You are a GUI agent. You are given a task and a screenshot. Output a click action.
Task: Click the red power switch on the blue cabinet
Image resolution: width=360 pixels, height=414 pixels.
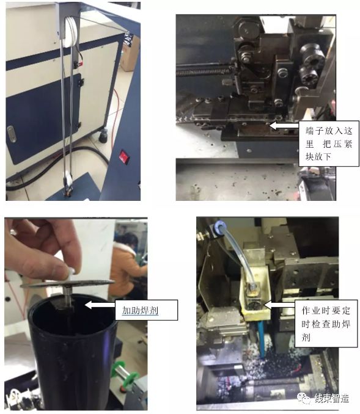point(124,156)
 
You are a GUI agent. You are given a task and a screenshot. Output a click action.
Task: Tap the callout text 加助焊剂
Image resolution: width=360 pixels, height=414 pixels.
point(140,310)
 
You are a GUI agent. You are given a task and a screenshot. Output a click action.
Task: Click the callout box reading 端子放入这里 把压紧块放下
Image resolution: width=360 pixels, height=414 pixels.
point(329,143)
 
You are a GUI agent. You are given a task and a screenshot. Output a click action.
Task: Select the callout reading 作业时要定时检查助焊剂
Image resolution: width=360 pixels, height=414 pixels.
point(326,324)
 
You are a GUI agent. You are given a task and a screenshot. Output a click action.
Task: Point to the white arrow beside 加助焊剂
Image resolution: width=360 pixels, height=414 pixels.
point(100,305)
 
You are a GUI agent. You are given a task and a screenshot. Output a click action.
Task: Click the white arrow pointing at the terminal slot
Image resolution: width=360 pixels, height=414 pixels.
point(284,126)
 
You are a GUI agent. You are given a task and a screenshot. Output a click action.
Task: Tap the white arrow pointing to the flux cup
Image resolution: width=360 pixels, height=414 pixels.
point(279,305)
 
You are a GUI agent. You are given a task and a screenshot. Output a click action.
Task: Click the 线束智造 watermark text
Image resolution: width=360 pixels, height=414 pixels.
point(331,398)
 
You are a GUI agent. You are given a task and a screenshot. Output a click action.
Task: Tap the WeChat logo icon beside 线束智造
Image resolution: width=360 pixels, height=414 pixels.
point(304,398)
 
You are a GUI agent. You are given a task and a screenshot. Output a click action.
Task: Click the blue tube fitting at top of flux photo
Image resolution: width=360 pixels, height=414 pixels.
point(219,227)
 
